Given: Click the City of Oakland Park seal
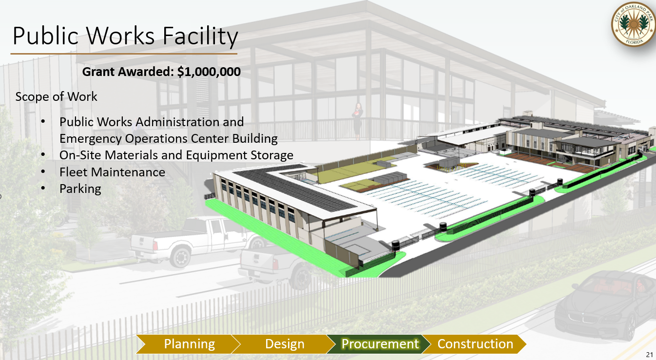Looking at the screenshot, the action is pos(633,24).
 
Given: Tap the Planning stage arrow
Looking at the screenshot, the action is pos(188,344).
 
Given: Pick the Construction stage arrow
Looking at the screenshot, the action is pos(474,344).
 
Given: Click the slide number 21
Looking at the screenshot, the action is pos(649,355).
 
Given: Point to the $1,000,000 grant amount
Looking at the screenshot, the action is pos(209,72).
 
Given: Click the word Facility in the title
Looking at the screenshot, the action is pos(200,37).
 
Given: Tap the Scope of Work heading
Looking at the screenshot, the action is pos(56,97).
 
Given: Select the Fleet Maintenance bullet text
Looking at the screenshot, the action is pos(112,172).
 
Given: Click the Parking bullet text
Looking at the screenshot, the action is pos(80,189).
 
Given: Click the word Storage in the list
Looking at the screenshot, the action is pos(272,155).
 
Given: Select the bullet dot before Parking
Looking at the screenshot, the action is pos(43,188).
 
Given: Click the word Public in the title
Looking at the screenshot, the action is pos(45,36).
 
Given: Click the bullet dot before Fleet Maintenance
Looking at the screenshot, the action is pos(43,171).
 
